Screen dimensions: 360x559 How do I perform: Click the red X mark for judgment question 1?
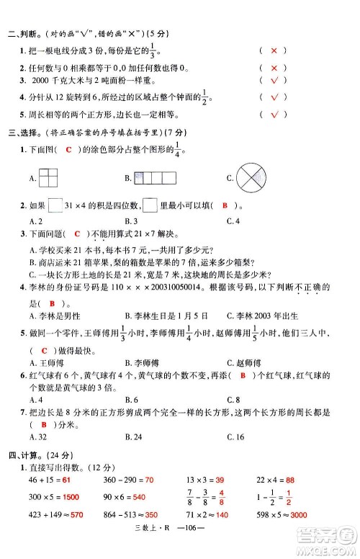(273, 51)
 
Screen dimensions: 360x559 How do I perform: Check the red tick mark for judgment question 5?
(273, 115)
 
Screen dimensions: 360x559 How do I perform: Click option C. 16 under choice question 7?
(235, 437)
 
